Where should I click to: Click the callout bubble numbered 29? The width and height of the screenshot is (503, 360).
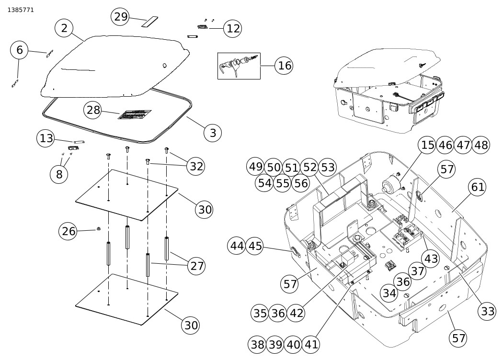[121, 17]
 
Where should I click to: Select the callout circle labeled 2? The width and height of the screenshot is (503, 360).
[64, 28]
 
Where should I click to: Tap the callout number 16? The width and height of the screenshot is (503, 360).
[285, 66]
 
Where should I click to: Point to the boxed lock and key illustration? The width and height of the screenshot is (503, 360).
[239, 66]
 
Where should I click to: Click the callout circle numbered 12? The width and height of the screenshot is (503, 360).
[233, 28]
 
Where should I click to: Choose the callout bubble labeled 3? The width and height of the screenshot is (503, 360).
[213, 133]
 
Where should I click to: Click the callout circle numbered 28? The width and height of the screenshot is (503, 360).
[93, 110]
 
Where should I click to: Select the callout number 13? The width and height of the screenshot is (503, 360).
[46, 139]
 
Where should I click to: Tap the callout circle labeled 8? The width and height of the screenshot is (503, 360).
[59, 174]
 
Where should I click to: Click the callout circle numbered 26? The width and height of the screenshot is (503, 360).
[69, 231]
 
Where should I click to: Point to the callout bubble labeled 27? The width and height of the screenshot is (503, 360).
[197, 265]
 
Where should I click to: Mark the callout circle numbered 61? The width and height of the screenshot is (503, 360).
[478, 187]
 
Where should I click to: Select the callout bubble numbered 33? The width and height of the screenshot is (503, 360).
[488, 311]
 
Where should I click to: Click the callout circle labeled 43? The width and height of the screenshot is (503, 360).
[431, 259]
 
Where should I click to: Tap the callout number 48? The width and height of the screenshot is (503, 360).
[480, 145]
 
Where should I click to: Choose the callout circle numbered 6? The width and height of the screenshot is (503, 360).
[19, 50]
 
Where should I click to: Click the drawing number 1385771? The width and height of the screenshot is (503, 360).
[21, 10]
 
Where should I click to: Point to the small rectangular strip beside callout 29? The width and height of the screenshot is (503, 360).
[149, 22]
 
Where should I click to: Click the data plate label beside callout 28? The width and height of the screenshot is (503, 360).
[135, 114]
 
